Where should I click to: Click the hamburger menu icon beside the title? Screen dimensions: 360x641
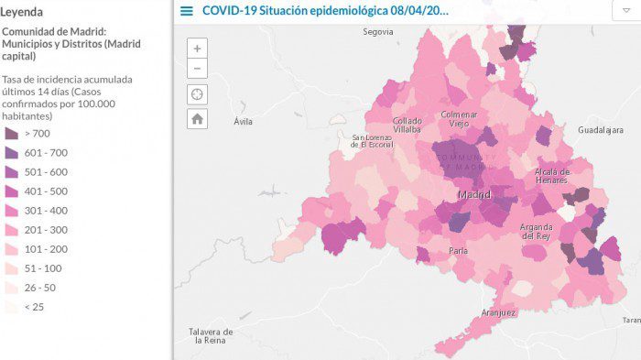pos(187,11)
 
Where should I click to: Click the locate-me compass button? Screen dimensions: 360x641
pos(197,94)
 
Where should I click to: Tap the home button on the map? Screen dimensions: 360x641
pos(197,118)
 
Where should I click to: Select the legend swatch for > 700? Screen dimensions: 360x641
pos(11,133)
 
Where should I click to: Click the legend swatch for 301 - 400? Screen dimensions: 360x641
pos(11,210)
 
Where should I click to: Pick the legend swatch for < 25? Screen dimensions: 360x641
pos(11,307)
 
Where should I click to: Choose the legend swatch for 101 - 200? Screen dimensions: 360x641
pos(11,249)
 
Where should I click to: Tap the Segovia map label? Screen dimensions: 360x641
pos(377,31)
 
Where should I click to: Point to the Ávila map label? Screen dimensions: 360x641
pos(243,121)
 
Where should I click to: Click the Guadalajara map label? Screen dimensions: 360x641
pos(600,131)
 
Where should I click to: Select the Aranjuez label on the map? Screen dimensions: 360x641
pos(498,312)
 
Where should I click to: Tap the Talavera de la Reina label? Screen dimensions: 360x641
pos(211,335)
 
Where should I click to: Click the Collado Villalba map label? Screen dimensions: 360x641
pos(407,125)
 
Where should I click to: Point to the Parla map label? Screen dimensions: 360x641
pos(459,250)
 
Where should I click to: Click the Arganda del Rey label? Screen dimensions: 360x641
pos(538,231)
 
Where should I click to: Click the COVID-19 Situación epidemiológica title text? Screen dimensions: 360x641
pos(325,11)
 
